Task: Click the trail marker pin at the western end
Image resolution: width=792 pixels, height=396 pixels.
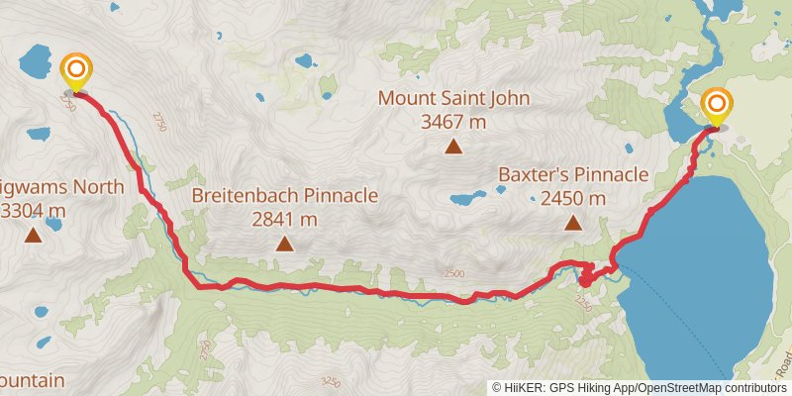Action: pos(76,72)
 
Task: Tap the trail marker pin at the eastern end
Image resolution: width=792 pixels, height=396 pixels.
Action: pos(716,106)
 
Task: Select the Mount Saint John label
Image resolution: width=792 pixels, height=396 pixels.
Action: pos(453,99)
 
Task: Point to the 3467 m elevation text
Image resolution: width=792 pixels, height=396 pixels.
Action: pos(453,122)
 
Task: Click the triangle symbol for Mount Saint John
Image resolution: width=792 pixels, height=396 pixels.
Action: pos(453,148)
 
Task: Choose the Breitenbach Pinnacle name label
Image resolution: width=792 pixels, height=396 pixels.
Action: pos(285,195)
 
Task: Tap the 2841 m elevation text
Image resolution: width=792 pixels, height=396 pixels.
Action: pos(285,219)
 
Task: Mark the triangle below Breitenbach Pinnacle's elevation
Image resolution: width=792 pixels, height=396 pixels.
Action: pos(285,244)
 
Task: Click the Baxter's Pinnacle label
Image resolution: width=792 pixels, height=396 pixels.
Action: pos(573,175)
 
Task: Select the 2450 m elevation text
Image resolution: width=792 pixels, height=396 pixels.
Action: pos(573,199)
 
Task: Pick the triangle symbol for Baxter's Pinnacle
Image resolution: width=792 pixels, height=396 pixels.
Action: pos(573,223)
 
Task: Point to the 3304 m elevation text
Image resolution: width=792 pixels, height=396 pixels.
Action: pos(36,210)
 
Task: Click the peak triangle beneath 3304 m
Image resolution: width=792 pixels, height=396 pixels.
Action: pos(34,235)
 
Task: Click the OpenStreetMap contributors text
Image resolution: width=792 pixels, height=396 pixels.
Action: pos(712,387)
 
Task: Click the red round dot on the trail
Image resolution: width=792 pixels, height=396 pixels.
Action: pos(584,280)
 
